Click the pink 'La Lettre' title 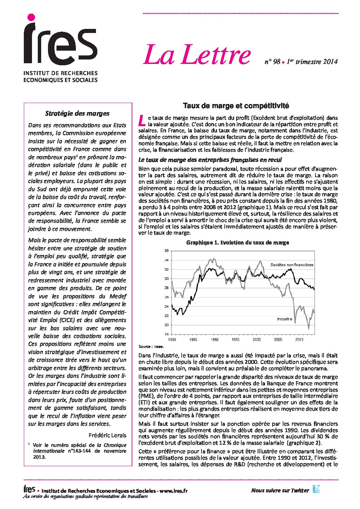tap(197, 55)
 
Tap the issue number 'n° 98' tap(272, 62)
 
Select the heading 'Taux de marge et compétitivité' tap(236, 106)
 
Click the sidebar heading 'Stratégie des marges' tap(77, 114)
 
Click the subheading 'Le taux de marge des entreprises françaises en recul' tap(210, 160)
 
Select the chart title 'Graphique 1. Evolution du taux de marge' tap(238, 242)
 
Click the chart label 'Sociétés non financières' tap(292, 265)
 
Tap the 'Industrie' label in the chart tap(284, 319)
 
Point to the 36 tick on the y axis tap(166, 251)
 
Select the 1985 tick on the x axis tap(193, 340)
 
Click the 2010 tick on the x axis tap(299, 340)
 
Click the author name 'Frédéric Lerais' tap(107, 435)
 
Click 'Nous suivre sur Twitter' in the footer tap(280, 490)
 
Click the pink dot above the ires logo tap(31, 17)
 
